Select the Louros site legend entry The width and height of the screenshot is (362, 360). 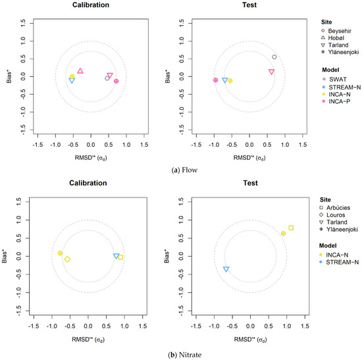[x=332, y=215]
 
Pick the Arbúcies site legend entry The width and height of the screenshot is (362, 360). [x=334, y=207]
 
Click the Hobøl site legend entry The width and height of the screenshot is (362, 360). [x=332, y=38]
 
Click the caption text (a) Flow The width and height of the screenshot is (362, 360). [x=185, y=170]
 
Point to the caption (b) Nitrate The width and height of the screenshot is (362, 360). [x=185, y=355]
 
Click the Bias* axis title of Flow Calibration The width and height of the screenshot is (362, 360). [x=9, y=76]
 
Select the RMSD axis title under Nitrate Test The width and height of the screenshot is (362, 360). [x=250, y=340]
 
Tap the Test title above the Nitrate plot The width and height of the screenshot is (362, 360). [x=250, y=183]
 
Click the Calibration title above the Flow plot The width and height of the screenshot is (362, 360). [x=91, y=5]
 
